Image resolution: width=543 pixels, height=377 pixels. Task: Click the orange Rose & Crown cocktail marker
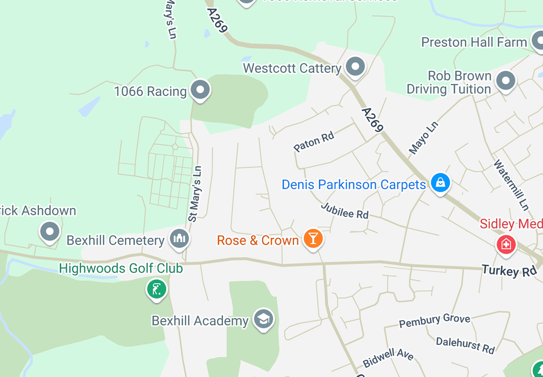point(313,239)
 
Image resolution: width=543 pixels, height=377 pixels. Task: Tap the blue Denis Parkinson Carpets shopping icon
point(440,183)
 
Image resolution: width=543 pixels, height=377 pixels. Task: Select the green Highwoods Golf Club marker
point(156,289)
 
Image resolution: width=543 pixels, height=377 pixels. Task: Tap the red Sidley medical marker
point(506,244)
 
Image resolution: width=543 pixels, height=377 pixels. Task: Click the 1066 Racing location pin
point(200,90)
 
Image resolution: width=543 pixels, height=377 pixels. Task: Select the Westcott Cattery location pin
point(355,67)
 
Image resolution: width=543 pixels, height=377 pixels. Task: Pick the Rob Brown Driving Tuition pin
point(506,81)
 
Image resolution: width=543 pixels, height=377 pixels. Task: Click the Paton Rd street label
point(314,142)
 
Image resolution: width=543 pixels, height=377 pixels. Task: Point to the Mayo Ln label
point(423,138)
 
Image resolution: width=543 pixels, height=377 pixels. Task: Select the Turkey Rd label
point(509,271)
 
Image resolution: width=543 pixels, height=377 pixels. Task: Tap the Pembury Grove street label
point(434,320)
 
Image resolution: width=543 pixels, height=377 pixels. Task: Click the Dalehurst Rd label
point(465,345)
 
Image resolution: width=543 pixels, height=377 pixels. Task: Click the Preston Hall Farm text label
point(474,42)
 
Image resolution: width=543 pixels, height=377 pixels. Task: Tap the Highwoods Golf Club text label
point(121,268)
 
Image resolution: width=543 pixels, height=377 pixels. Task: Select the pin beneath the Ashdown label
point(50,232)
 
